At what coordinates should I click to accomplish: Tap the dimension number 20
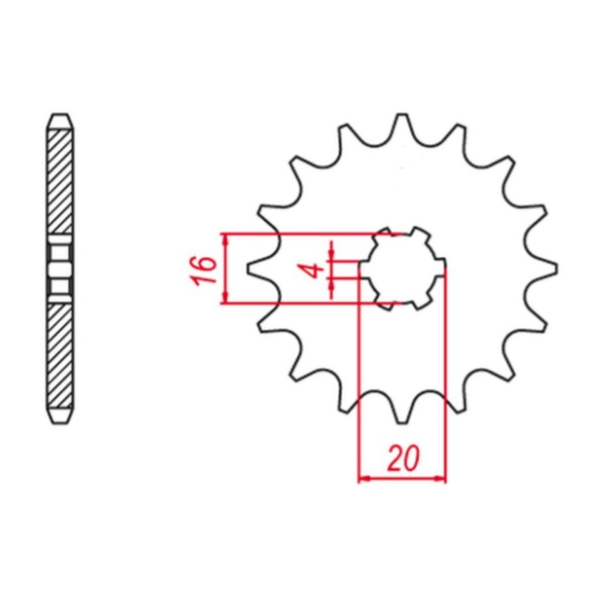pos(403,459)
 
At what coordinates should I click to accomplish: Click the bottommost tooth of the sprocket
pos(402,411)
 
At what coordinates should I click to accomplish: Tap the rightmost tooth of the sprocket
pos(545,268)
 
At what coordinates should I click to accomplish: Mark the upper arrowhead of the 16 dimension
pos(225,239)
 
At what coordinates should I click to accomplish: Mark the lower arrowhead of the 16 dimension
pos(225,298)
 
